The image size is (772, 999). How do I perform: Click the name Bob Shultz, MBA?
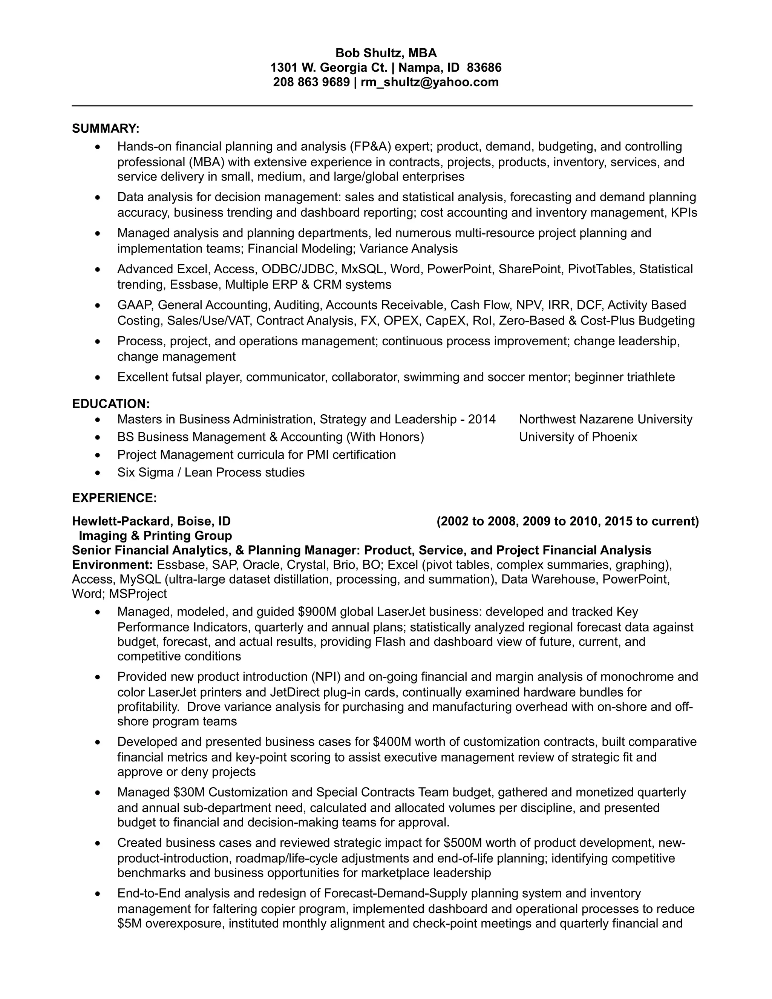[x=386, y=53]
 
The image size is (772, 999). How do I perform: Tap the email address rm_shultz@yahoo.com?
[x=429, y=82]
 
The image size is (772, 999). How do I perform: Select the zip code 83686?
[x=484, y=68]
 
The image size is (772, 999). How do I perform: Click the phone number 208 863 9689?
[x=311, y=82]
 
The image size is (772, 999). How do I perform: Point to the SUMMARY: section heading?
[x=106, y=129]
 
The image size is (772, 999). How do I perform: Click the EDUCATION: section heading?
[x=111, y=404]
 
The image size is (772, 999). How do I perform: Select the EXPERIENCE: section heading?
[x=114, y=498]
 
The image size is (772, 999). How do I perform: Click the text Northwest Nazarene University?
[x=605, y=420]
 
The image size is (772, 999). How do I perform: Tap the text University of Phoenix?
[x=578, y=437]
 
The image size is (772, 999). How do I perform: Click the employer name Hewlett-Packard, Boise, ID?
[x=152, y=521]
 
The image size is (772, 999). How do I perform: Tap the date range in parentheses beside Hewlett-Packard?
[x=568, y=521]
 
